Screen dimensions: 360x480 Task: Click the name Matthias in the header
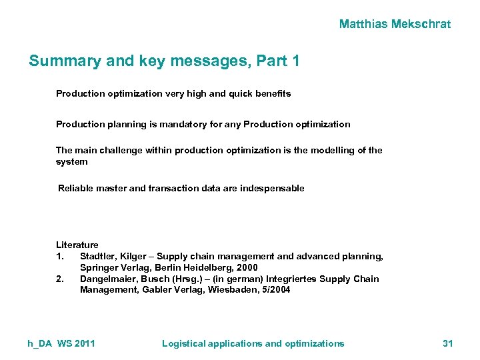pyautogui.click(x=363, y=24)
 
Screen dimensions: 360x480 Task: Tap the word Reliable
pyautogui.click(x=75, y=188)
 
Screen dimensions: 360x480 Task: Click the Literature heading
pyautogui.click(x=77, y=245)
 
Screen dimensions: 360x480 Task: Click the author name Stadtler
pyautogui.click(x=99, y=256)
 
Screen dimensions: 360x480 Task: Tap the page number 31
pyautogui.click(x=447, y=343)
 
